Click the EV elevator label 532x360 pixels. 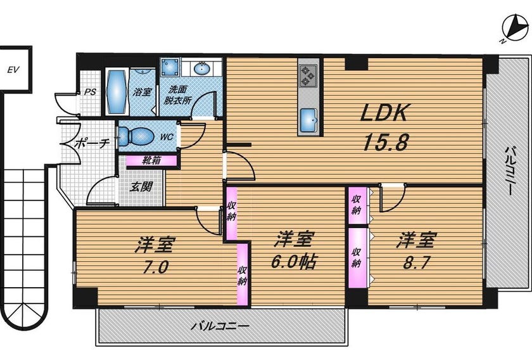[x=13, y=70]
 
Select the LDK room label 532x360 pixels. [x=383, y=112]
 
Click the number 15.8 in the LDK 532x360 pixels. [x=385, y=141]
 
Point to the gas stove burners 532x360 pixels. [x=308, y=75]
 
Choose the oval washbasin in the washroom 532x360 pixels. [x=202, y=69]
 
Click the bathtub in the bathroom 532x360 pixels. [x=117, y=91]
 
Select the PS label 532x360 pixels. [x=90, y=92]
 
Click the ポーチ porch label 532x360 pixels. [x=92, y=143]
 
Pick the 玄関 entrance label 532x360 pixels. [x=141, y=186]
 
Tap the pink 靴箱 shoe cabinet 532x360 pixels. [x=151, y=160]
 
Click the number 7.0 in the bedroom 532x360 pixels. [x=155, y=267]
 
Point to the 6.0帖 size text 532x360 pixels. [x=294, y=262]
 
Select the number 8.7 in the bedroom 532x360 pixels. [x=416, y=262]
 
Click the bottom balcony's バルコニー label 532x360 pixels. [x=220, y=326]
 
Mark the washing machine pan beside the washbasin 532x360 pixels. [x=170, y=67]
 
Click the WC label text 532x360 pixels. [x=167, y=137]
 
